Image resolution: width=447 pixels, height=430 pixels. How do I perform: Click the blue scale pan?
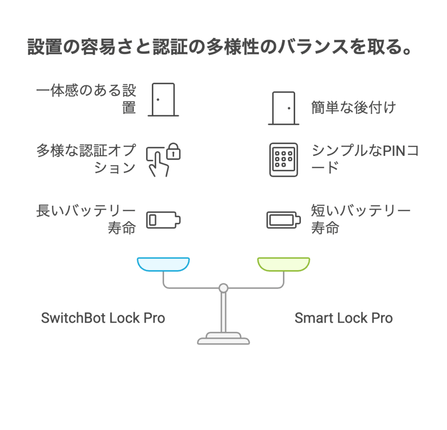[x=163, y=264]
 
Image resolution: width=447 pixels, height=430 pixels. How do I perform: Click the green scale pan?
[x=284, y=264]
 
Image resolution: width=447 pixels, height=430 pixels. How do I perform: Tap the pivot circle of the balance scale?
[x=223, y=288]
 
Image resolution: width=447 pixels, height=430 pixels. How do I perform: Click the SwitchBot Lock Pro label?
[x=103, y=318]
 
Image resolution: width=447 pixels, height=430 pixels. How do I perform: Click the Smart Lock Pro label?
[x=344, y=318]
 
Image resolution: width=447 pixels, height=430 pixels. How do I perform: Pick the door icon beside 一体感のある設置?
[x=163, y=100]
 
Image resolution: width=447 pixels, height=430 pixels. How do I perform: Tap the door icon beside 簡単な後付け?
[x=284, y=108]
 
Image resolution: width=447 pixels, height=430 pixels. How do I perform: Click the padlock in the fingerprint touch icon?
[x=173, y=151]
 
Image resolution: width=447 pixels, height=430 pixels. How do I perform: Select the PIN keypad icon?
[x=284, y=160]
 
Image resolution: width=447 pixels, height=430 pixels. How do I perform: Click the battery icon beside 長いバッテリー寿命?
[x=163, y=220]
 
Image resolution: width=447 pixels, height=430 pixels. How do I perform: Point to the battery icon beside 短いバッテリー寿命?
[x=284, y=220]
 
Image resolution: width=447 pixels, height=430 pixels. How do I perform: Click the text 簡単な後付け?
[x=354, y=107]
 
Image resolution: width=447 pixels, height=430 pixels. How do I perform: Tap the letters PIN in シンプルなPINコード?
[x=394, y=151]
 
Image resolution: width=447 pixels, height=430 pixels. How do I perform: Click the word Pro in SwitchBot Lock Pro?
[x=154, y=318]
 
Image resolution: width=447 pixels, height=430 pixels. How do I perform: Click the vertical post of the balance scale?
[x=223, y=312]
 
